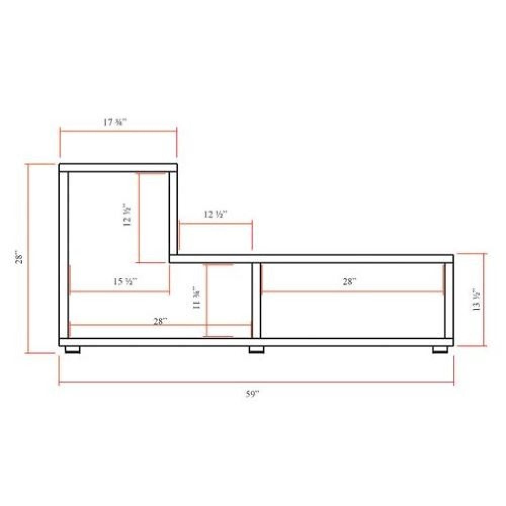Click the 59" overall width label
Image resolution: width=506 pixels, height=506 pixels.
(252, 393)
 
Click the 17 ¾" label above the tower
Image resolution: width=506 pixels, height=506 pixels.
(115, 122)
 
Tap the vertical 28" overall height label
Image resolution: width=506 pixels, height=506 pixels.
(20, 257)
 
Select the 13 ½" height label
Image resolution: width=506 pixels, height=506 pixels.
(476, 300)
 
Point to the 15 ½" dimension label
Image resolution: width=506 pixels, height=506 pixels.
(125, 281)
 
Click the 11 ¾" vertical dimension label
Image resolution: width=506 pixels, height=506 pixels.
(197, 298)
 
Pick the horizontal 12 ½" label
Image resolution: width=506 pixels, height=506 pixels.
(215, 214)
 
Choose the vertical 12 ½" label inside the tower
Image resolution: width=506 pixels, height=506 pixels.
(127, 215)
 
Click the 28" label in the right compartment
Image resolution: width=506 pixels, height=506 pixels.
(350, 281)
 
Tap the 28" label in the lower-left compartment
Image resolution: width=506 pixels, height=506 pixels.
(160, 321)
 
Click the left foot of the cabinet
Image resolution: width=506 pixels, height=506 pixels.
(73, 350)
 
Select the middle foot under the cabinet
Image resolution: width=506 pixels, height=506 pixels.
(256, 350)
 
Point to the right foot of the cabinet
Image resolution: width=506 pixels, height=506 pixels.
(440, 350)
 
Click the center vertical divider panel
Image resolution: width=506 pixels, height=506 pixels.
(256, 300)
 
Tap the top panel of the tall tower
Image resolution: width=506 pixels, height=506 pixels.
(118, 168)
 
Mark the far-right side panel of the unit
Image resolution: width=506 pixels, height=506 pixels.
(449, 300)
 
